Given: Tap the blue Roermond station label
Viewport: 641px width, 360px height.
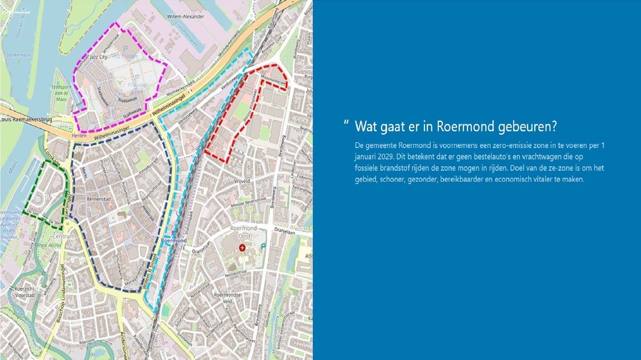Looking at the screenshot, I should [x=174, y=240].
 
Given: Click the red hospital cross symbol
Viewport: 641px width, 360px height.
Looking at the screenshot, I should [x=243, y=247].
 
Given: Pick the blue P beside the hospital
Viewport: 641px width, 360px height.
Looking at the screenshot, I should [x=263, y=247].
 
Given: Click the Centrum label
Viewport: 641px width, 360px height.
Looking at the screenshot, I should [x=64, y=237].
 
